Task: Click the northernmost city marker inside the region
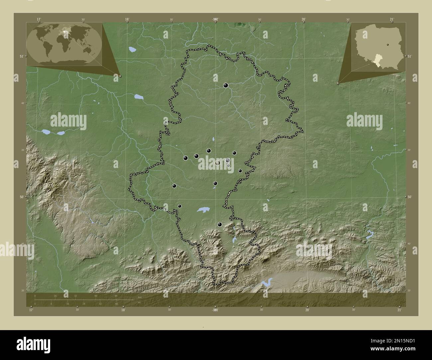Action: click(226, 85)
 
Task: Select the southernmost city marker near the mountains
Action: click(219, 225)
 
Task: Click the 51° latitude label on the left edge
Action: click(21, 56)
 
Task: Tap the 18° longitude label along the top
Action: click(127, 19)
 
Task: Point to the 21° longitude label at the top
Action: click(392, 19)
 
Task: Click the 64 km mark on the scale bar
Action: click(116, 296)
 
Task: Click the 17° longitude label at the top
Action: click(39, 19)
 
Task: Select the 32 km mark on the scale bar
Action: click(75, 296)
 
